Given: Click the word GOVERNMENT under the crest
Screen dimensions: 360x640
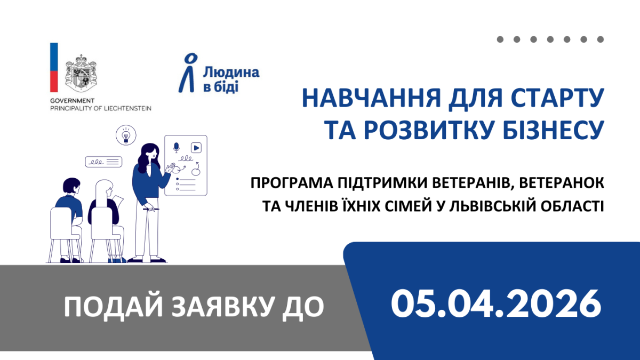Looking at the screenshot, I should [x=72, y=100].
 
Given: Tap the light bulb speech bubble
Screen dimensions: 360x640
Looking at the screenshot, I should [x=126, y=136].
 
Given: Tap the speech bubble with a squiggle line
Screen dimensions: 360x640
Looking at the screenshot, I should [x=103, y=161].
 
